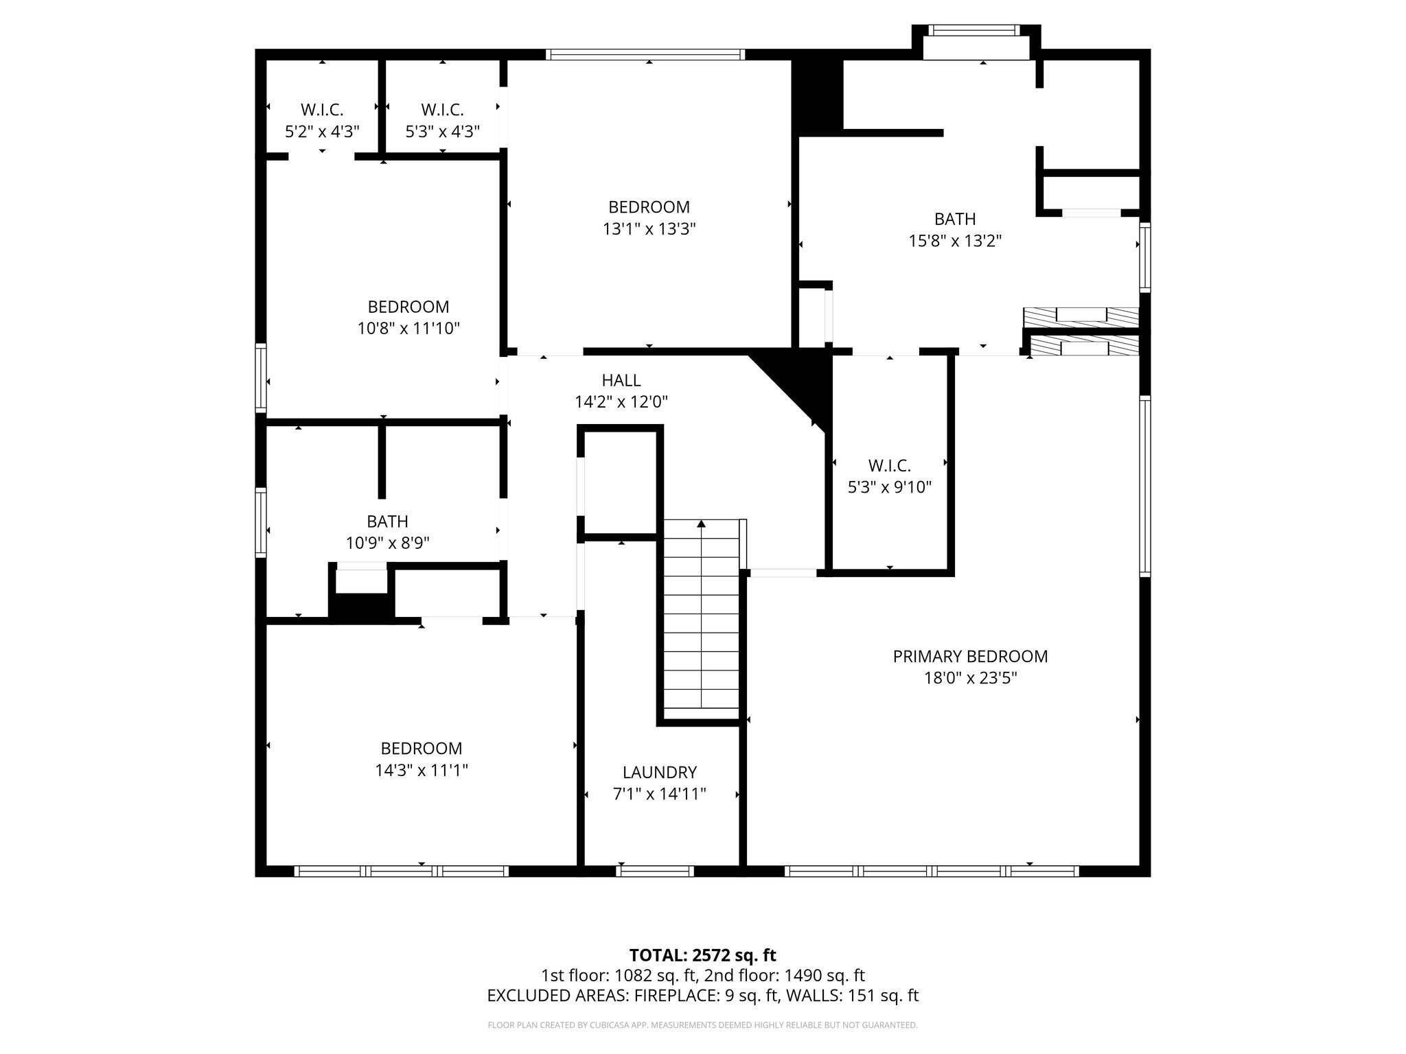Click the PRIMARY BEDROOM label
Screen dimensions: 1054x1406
coord(969,657)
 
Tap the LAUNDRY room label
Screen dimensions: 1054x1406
coord(659,773)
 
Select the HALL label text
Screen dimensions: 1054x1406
coord(621,380)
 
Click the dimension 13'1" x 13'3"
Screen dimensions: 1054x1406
coord(649,229)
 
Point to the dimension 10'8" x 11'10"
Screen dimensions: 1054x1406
coord(408,329)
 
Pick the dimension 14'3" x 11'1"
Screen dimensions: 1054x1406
coord(421,771)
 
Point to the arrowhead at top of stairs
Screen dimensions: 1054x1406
coord(701,524)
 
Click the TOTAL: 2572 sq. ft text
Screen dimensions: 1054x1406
coord(702,955)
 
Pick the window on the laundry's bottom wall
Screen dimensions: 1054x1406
coord(654,871)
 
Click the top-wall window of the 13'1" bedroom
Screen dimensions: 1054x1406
coord(645,54)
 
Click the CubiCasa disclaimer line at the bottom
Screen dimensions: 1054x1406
coord(702,1026)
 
